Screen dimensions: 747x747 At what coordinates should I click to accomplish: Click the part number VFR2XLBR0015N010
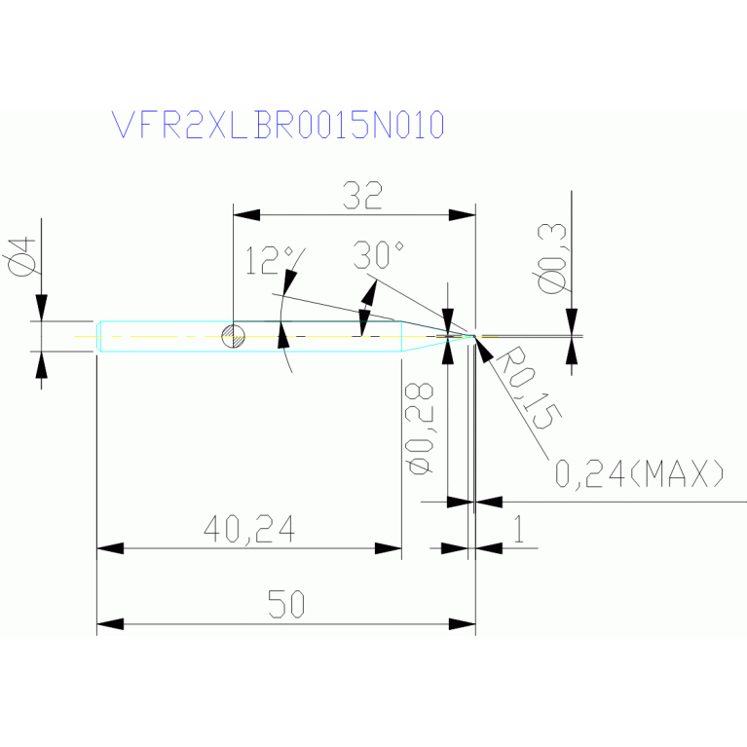click(x=278, y=125)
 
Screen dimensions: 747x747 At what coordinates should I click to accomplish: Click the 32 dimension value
click(x=362, y=196)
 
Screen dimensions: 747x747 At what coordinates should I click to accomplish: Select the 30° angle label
click(x=379, y=255)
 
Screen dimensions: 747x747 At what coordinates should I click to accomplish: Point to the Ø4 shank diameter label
click(x=22, y=257)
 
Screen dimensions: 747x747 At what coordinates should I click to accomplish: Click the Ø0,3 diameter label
click(x=552, y=258)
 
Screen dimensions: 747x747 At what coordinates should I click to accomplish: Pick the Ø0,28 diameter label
click(x=420, y=429)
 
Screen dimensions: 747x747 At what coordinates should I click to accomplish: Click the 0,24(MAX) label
click(x=640, y=473)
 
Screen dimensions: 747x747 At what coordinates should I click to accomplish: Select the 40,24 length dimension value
click(x=249, y=529)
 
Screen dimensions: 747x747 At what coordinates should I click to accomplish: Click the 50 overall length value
click(x=285, y=604)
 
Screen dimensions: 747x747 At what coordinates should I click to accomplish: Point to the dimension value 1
click(x=519, y=529)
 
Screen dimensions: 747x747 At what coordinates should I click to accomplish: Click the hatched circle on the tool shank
click(x=234, y=336)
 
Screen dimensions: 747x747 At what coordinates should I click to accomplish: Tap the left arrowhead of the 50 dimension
click(x=110, y=624)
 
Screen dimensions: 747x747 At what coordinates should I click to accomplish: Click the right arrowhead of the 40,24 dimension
click(x=389, y=548)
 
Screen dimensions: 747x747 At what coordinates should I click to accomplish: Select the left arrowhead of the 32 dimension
click(x=246, y=215)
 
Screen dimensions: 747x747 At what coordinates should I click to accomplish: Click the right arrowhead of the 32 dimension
click(x=462, y=215)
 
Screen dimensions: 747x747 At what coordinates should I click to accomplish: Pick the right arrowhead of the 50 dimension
click(x=462, y=624)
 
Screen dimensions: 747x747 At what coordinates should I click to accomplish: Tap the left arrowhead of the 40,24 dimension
click(x=110, y=548)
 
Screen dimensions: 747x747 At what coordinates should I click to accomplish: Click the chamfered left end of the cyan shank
click(x=99, y=336)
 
